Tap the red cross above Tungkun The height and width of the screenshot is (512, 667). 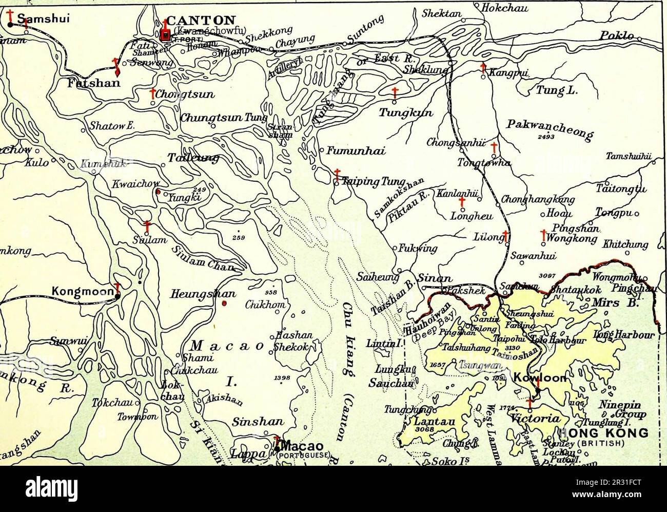[395, 92]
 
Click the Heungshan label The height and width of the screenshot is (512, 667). [203, 294]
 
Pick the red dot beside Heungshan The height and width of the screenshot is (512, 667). [224, 304]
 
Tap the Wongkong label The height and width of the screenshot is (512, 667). [571, 238]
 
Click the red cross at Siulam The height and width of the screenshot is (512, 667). [147, 226]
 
